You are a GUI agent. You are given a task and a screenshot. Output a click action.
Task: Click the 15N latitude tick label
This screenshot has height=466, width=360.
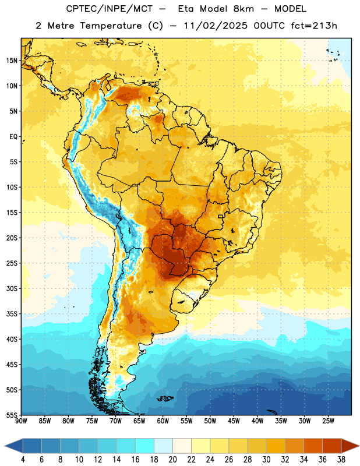click(12, 61)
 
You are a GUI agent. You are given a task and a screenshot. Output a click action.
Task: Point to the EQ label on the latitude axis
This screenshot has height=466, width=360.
click(13, 137)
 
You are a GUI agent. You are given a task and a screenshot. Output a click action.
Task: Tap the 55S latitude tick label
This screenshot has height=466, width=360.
click(12, 415)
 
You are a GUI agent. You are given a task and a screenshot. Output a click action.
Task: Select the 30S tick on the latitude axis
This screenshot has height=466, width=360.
click(12, 288)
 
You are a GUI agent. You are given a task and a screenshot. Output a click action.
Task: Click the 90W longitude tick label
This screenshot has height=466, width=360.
click(21, 421)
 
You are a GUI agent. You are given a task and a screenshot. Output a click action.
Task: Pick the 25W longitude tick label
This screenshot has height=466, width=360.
click(328, 421)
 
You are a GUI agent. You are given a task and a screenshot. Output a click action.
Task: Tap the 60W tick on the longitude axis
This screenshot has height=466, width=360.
click(163, 421)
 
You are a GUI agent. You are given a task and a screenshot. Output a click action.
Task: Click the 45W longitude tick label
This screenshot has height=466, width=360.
click(234, 421)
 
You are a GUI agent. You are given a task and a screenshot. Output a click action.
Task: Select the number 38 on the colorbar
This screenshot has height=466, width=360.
click(341, 460)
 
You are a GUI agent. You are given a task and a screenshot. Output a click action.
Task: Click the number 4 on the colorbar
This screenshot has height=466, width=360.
click(23, 460)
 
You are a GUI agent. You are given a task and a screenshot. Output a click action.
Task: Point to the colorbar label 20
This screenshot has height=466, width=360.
click(172, 460)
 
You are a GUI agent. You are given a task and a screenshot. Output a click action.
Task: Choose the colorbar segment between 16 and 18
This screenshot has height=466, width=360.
click(145, 446)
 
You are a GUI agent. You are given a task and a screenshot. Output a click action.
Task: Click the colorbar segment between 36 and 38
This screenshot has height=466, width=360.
click(332, 446)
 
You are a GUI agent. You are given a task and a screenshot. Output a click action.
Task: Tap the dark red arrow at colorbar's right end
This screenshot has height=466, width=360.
click(349, 446)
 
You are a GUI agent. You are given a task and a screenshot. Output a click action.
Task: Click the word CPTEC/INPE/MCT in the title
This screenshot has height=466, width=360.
click(109, 9)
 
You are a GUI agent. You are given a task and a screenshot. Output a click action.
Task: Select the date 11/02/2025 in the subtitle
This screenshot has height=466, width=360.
click(216, 26)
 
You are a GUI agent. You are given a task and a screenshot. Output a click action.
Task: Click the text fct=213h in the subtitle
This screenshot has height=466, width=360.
click(314, 26)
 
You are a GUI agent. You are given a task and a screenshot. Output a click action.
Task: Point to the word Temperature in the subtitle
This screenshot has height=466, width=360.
click(111, 26)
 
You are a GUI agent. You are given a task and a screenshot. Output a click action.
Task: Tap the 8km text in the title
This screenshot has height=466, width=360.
click(243, 9)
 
